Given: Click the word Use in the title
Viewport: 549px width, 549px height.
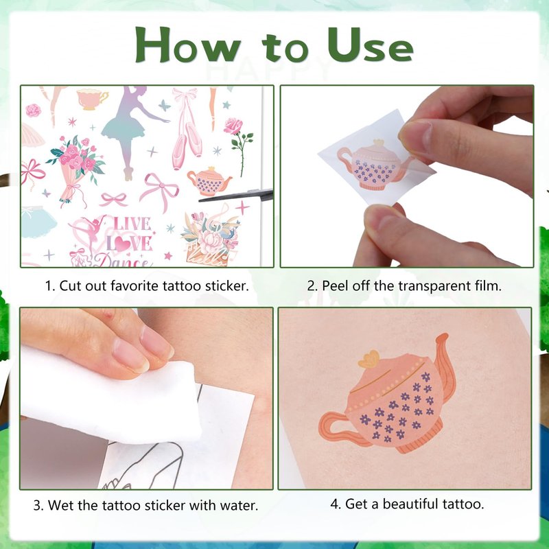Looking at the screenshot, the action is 371,45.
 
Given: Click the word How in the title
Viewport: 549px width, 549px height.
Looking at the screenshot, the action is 188,45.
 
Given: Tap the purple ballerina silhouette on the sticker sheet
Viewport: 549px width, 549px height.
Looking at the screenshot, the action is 131,130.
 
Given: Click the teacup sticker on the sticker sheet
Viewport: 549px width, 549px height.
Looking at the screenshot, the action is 92,99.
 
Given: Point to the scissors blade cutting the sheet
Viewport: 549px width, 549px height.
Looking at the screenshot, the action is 236,196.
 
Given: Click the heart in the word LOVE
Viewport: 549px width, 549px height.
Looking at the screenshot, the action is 123,244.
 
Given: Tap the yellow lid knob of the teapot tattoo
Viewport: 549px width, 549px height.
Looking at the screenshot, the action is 369,359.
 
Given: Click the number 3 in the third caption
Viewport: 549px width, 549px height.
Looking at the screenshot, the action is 37,506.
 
